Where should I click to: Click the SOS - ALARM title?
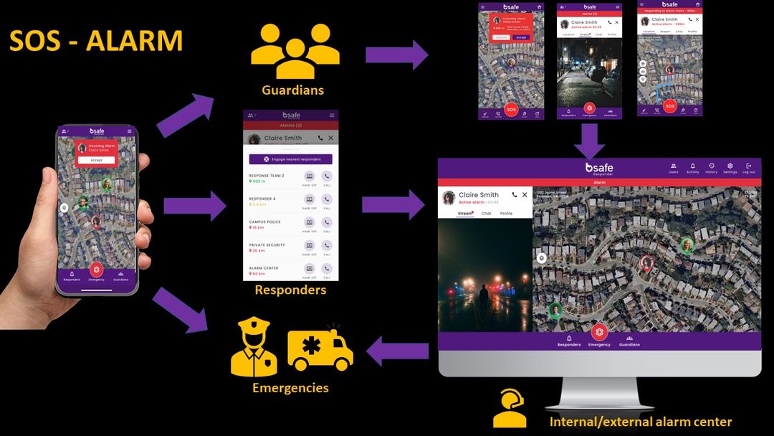pyautogui.click(x=95, y=41)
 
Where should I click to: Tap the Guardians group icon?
pyautogui.click(x=295, y=52)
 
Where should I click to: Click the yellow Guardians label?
pyautogui.click(x=292, y=90)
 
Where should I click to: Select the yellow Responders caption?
pyautogui.click(x=290, y=290)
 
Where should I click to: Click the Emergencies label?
pyautogui.click(x=290, y=388)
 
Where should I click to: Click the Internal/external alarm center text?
pyautogui.click(x=641, y=422)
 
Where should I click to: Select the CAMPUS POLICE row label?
pyautogui.click(x=266, y=222)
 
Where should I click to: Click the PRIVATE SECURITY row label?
pyautogui.click(x=267, y=245)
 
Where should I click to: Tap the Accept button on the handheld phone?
pyautogui.click(x=96, y=160)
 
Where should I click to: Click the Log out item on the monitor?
pyautogui.click(x=749, y=168)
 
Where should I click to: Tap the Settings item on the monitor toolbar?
pyautogui.click(x=730, y=168)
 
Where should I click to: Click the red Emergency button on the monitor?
pyautogui.click(x=599, y=333)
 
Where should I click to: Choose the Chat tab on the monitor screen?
pyautogui.click(x=486, y=214)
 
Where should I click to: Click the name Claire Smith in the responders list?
pyautogui.click(x=282, y=138)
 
